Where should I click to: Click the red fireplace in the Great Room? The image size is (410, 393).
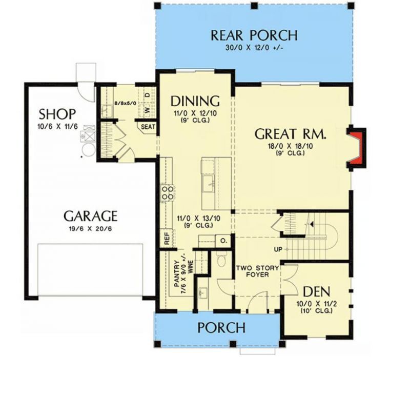click(x=356, y=147)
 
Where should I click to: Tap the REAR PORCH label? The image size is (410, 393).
click(x=254, y=35)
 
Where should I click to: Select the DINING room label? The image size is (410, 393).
click(x=195, y=101)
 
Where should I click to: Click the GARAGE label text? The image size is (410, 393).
click(x=91, y=216)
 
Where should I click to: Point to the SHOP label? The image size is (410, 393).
click(x=57, y=114)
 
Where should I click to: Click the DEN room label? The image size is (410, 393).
click(x=316, y=291)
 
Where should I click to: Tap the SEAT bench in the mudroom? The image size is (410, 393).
click(x=148, y=127)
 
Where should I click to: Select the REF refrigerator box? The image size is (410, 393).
click(x=167, y=238)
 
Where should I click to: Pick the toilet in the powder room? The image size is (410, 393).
click(x=221, y=259)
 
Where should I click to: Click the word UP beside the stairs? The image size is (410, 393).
click(x=278, y=249)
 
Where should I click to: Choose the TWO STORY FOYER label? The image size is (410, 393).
click(x=258, y=271)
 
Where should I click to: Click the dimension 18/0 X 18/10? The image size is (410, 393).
click(x=290, y=146)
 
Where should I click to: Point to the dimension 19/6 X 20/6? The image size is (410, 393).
click(x=91, y=229)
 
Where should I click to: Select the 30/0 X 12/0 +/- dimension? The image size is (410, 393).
click(x=254, y=48)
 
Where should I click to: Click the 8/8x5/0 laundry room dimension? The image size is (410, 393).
click(x=126, y=103)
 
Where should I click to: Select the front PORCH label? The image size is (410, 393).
click(x=221, y=327)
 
